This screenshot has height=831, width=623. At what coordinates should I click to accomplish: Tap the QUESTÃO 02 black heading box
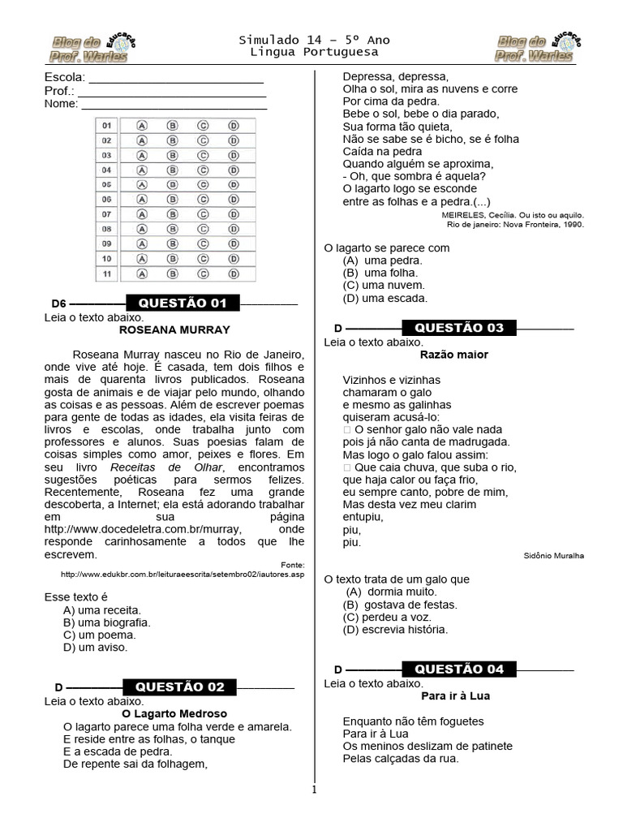181,687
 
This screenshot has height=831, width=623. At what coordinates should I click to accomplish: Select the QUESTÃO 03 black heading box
459,328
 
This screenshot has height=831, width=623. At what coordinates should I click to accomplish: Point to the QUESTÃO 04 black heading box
459,669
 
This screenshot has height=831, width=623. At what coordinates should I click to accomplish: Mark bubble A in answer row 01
142,126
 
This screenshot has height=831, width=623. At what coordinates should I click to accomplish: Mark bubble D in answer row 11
233,274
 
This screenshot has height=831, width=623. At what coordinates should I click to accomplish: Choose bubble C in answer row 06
203,200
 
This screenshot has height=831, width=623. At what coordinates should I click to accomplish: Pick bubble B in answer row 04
172,170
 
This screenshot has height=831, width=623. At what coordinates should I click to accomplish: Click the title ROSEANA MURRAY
174,330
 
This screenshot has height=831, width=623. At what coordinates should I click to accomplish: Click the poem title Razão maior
454,355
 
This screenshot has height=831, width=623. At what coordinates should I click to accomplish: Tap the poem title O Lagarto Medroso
174,714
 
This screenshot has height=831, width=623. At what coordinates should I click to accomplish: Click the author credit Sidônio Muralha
554,556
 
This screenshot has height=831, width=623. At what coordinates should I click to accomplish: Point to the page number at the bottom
315,789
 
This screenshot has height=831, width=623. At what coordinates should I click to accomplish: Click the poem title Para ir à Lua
455,695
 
